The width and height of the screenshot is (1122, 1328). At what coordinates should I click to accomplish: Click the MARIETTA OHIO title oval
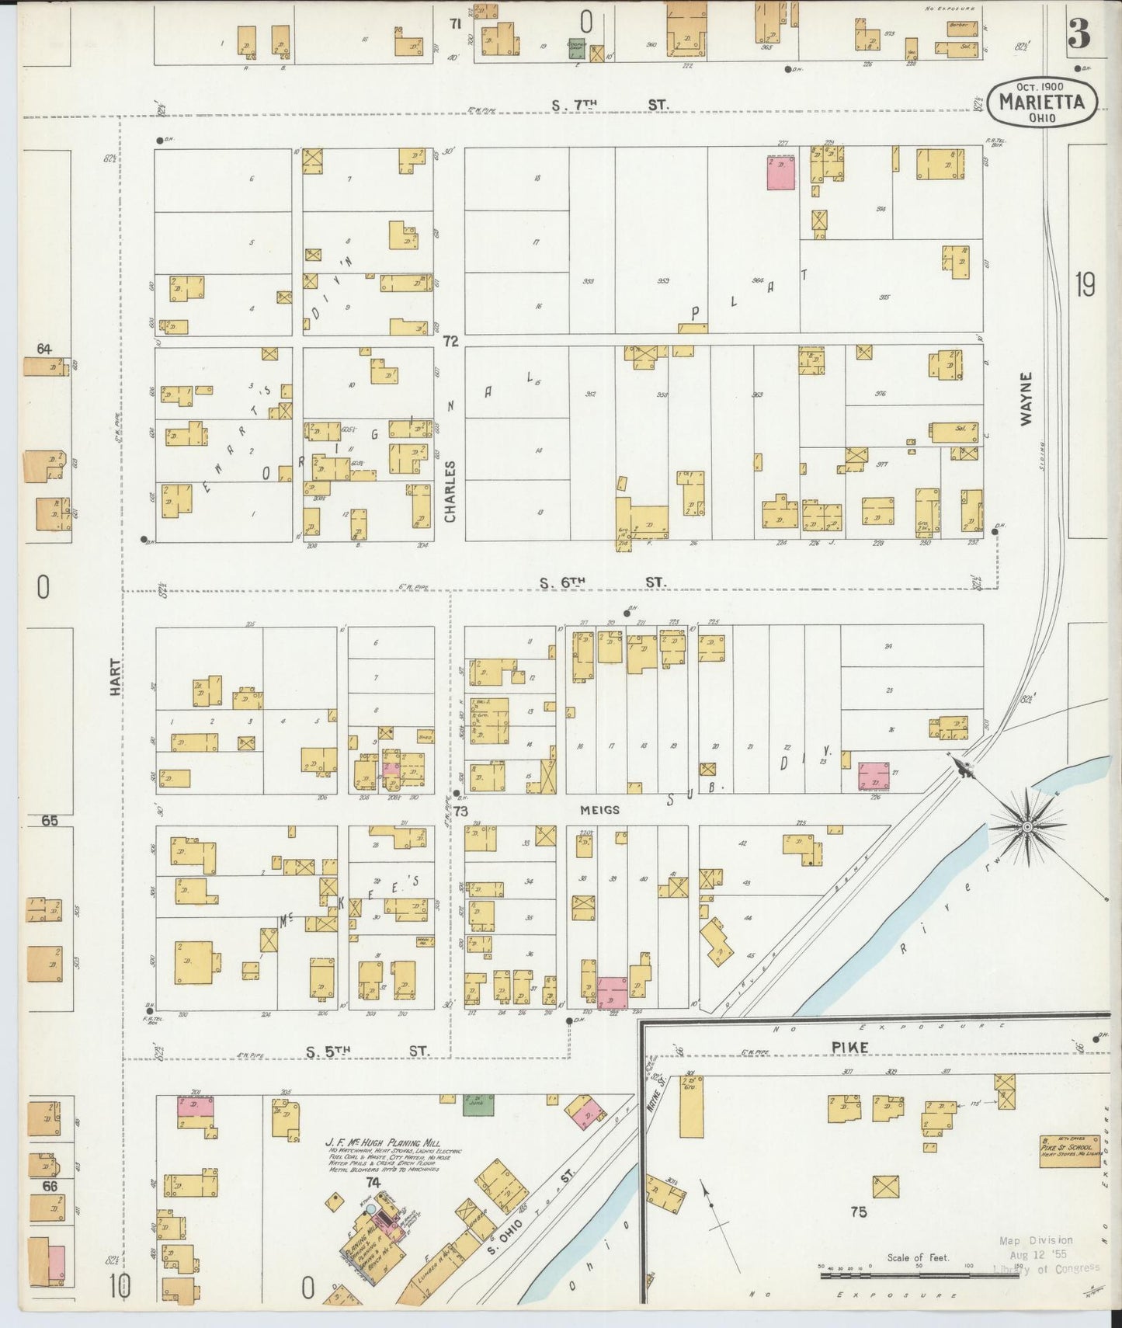coord(1042,102)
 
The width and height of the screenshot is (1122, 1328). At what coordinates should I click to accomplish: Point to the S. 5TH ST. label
coord(366,1052)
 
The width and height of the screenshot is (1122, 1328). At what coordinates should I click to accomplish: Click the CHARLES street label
coord(450,491)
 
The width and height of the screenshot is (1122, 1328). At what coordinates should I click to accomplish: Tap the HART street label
coord(115,676)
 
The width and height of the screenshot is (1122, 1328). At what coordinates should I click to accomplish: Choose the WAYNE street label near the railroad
coord(1026,398)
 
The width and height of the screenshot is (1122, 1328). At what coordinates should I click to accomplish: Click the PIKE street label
coord(850,1047)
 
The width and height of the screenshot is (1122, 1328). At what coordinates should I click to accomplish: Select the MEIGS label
coord(599,810)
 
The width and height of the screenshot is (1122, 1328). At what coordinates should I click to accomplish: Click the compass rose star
coord(1027,828)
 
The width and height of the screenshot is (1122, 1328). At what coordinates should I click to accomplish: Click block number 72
coord(450,341)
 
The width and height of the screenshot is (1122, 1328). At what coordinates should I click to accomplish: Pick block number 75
coord(858,1212)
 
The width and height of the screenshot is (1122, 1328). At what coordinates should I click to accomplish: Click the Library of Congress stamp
coord(1046,1254)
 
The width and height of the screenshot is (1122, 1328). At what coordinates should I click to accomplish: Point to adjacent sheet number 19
coord(1086,285)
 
